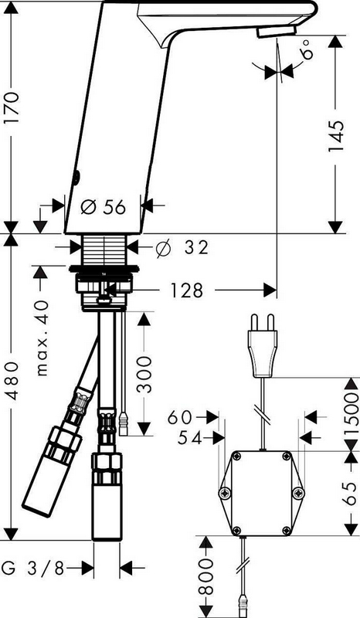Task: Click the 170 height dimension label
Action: pos(11,108)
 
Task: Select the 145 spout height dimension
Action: pos(336,137)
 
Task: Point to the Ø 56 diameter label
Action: pos(104,206)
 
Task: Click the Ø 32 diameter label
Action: pos(182,248)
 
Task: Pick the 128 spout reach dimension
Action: pos(186,291)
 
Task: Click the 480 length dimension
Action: pos(11,381)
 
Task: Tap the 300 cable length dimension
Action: pos(144,375)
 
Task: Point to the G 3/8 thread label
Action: pos(32,569)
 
